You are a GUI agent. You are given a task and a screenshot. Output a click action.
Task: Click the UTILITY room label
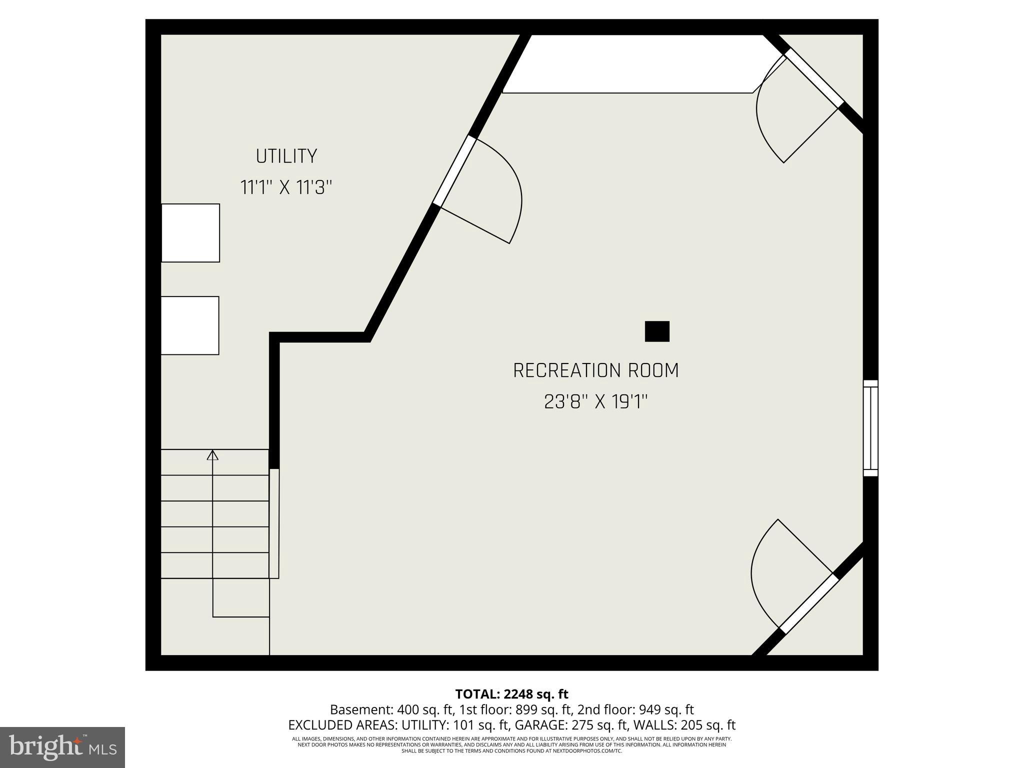coord(286,156)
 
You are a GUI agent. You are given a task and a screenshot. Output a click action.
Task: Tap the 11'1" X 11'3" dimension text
coord(286,188)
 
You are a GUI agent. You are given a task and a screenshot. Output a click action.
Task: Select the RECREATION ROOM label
coord(596,370)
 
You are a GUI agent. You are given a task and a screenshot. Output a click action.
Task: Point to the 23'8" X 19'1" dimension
coord(596,401)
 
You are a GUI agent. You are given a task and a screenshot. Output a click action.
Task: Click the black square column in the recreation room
coord(657,331)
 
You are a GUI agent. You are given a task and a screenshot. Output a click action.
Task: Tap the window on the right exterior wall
coord(870,428)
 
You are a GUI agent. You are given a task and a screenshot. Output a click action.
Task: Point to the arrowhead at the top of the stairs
coord(213,455)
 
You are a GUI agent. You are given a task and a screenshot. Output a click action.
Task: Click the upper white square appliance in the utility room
coord(190,233)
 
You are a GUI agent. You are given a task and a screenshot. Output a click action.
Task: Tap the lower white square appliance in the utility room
coord(190,325)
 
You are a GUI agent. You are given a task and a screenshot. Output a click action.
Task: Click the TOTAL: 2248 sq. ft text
coord(511,694)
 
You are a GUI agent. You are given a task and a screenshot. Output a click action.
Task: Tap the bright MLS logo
coord(62,747)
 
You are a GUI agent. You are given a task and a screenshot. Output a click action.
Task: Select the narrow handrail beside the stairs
coord(274,523)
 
